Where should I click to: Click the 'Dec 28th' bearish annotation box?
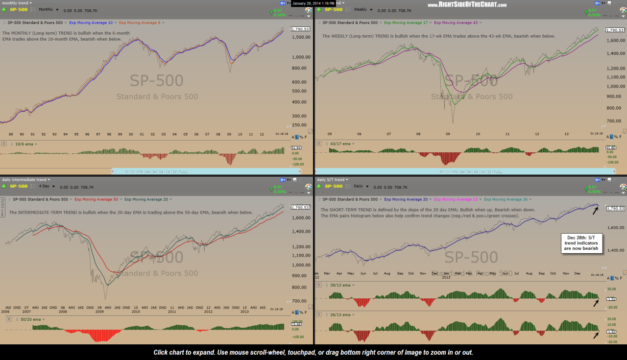(582, 242)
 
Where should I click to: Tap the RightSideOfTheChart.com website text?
(467, 5)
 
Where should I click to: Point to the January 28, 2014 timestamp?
(313, 3)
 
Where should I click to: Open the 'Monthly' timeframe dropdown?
(48, 10)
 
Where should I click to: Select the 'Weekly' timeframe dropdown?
(363, 10)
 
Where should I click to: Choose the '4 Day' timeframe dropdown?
(46, 187)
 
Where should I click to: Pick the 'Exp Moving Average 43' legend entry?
(456, 23)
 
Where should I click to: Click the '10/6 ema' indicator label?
(24, 144)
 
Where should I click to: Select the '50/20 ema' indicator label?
(24, 319)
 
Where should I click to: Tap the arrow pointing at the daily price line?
(595, 210)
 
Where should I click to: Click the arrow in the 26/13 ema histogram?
(595, 335)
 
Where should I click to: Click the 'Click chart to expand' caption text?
(313, 352)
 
